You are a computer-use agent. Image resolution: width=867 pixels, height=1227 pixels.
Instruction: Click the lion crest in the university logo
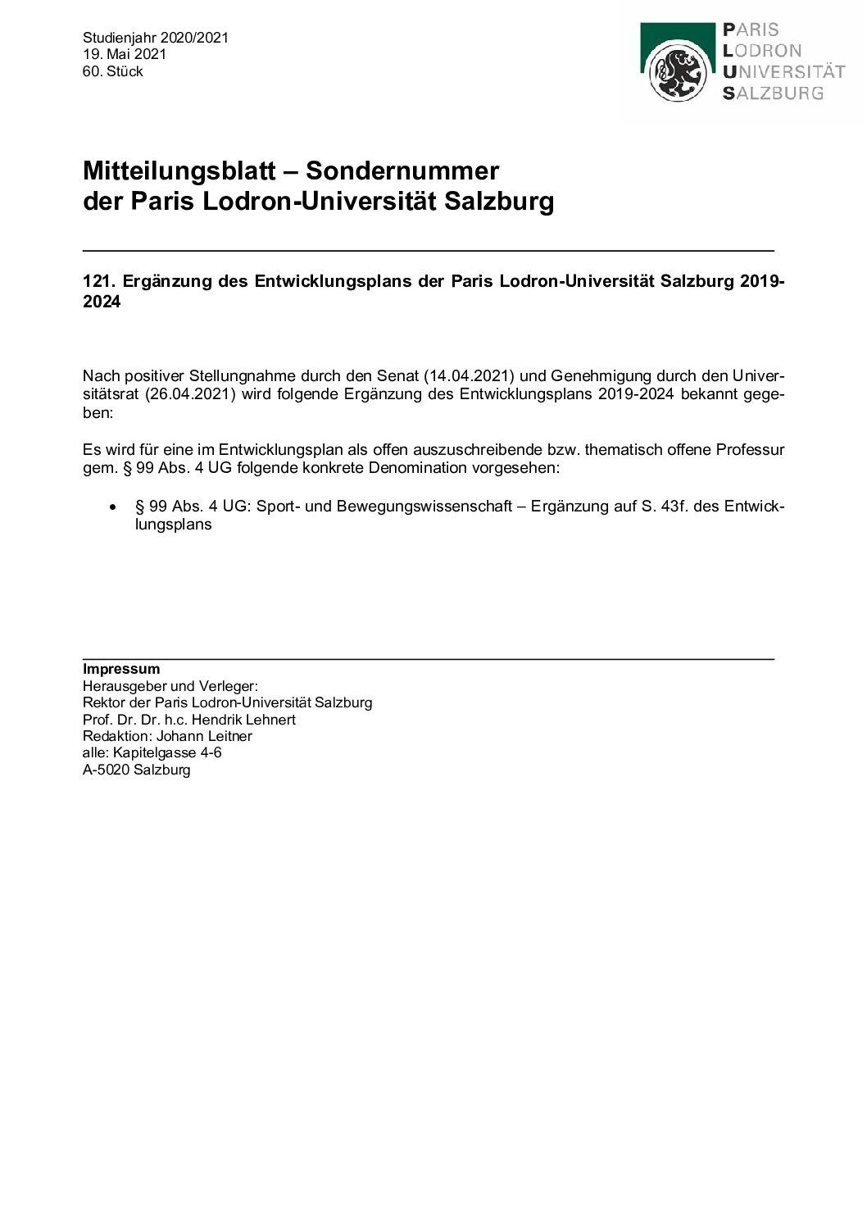coord(678,74)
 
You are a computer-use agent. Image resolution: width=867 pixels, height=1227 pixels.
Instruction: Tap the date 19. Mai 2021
coord(125,54)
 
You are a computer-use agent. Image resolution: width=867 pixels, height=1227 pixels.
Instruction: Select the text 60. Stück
coord(113,71)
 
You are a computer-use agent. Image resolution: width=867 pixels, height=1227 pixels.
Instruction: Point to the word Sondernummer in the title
coord(402,170)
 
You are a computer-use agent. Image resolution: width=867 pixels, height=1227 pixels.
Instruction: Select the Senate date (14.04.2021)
coord(469,376)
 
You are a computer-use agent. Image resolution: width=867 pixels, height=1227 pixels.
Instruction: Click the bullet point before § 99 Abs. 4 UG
coord(113,507)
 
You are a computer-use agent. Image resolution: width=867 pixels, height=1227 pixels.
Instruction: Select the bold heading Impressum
coord(121,669)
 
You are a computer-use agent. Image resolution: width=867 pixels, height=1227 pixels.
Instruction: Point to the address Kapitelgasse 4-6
coord(167,752)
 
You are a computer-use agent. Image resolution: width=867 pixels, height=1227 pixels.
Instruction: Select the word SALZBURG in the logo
coord(773,93)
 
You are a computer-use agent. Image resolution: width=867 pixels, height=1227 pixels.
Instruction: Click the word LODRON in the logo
coord(762,50)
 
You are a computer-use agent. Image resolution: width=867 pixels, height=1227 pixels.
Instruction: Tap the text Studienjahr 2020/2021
coord(156,38)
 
